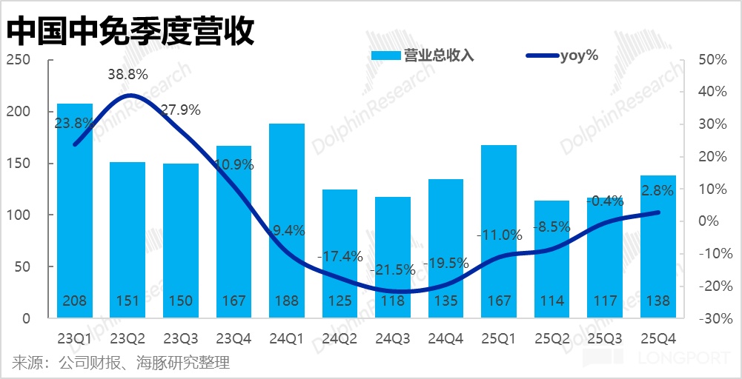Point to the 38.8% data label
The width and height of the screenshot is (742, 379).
point(127,75)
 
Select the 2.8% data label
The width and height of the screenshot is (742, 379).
point(657,191)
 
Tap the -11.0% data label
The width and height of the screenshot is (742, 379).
point(499,235)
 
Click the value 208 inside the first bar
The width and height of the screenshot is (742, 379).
point(75,301)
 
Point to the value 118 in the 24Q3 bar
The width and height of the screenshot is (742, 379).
point(392,301)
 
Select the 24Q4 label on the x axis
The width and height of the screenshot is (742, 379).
point(445,339)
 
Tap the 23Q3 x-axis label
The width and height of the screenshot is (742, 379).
point(181,339)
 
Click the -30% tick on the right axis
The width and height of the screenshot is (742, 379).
point(712,318)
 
